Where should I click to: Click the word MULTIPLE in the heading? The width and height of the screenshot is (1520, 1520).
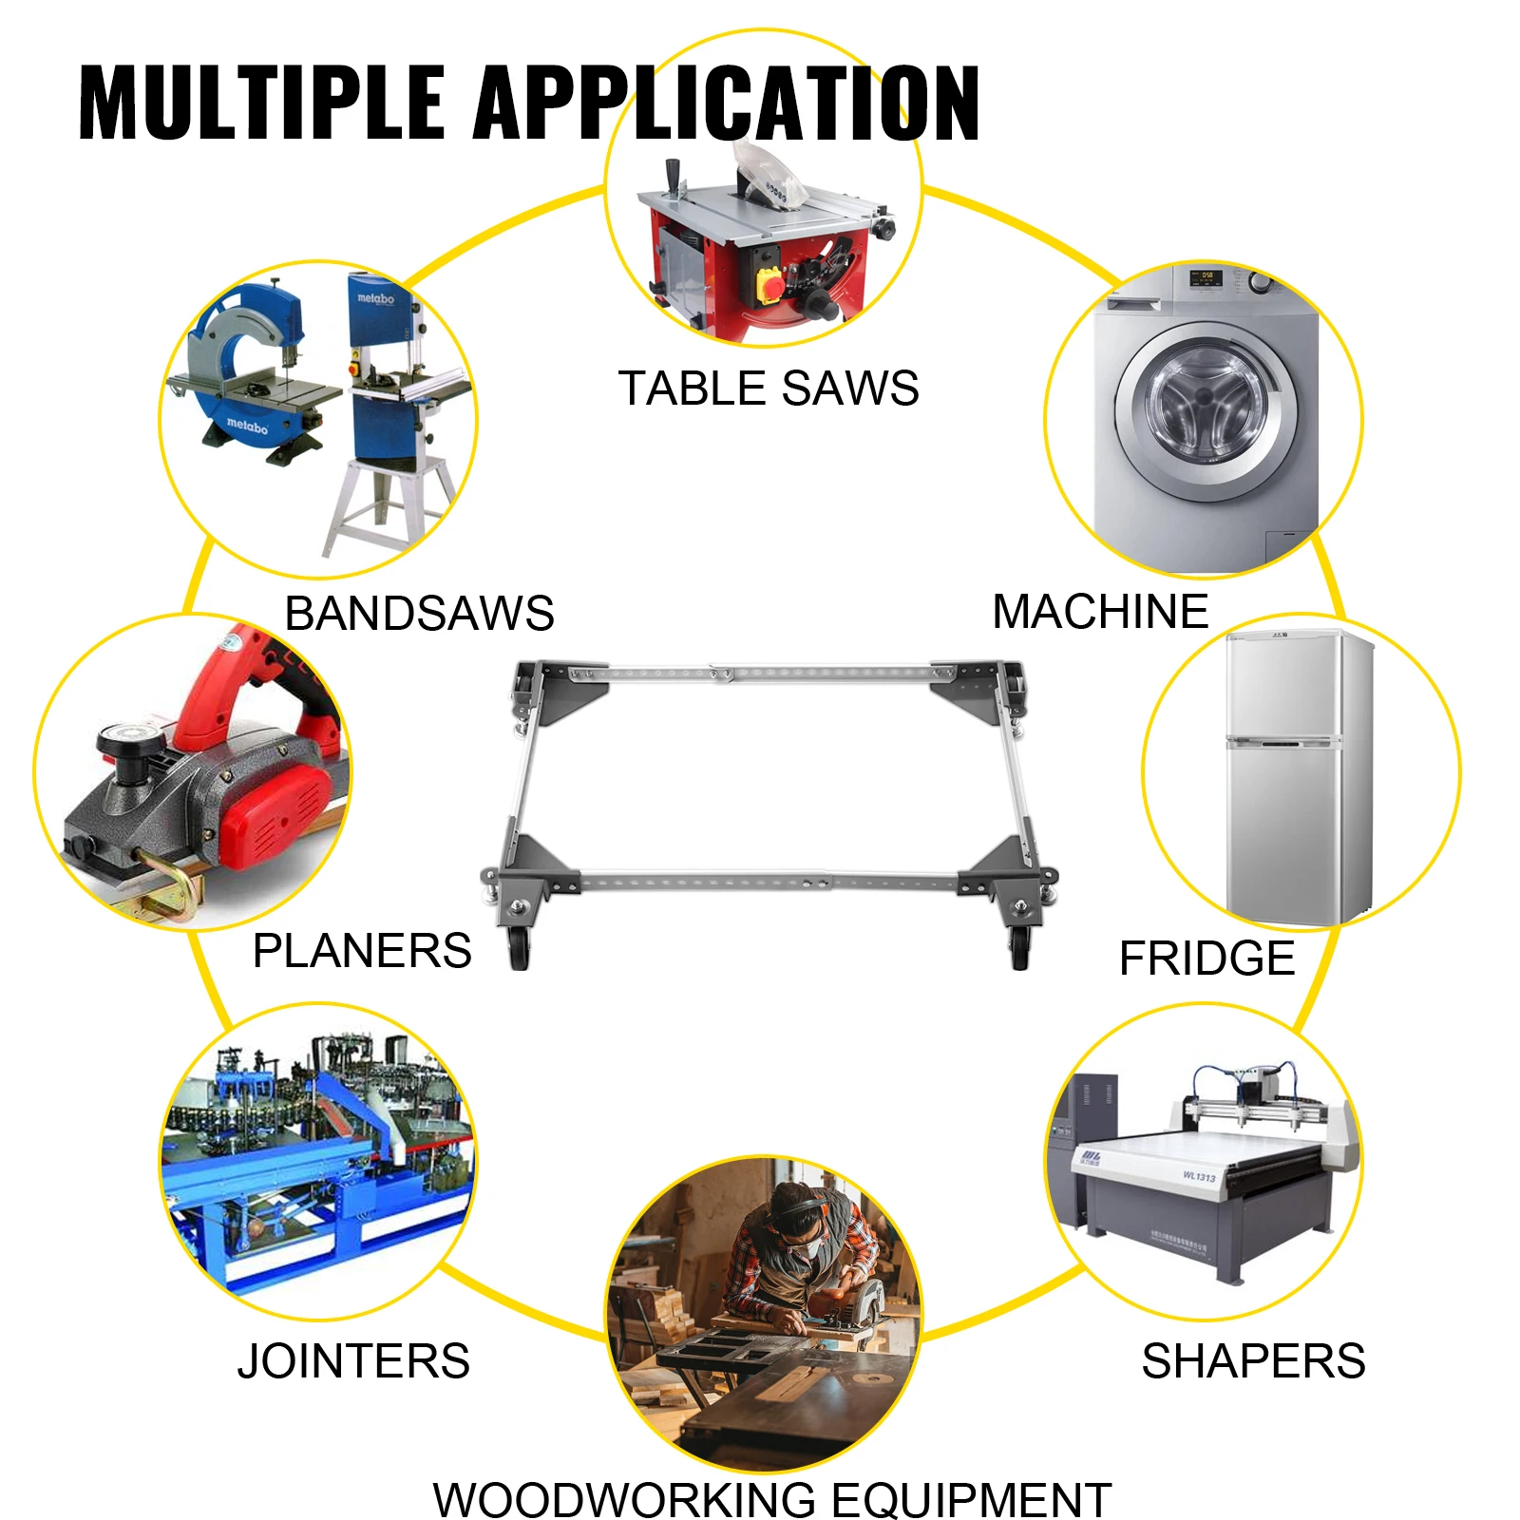tap(262, 103)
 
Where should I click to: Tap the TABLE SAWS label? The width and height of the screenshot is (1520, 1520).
tap(769, 389)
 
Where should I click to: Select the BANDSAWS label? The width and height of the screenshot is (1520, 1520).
tap(419, 613)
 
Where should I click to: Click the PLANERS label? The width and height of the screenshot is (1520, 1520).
tap(362, 951)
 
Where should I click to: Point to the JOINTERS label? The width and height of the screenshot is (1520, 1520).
tap(353, 1360)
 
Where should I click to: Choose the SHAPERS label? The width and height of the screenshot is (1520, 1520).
tap(1254, 1360)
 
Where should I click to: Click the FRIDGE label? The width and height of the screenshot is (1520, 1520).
tap(1206, 958)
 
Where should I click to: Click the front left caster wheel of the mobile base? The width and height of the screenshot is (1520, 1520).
tap(519, 947)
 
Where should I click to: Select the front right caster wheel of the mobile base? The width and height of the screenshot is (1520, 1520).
tap(1019, 946)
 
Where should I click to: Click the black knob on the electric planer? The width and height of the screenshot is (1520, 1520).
tap(124, 746)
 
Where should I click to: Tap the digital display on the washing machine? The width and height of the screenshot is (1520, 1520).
tap(1206, 276)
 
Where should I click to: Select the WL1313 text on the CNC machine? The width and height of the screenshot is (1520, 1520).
tap(1199, 1176)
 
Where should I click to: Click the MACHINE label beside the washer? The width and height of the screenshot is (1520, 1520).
tap(1100, 611)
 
